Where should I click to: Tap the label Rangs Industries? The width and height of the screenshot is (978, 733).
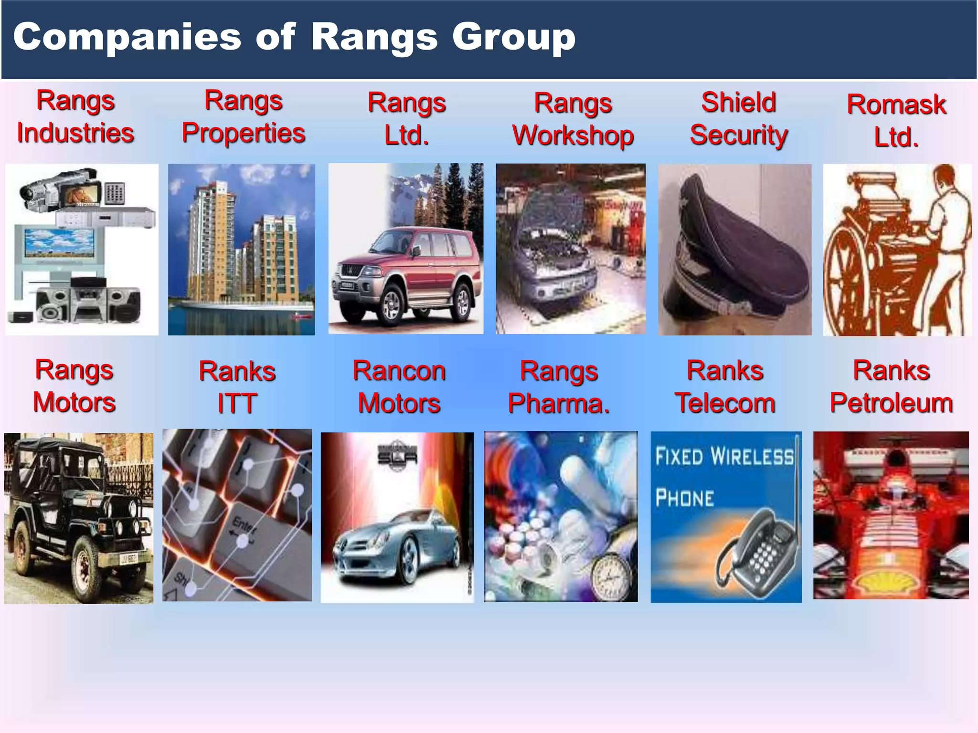(75, 117)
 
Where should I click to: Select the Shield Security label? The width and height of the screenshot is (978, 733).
(738, 118)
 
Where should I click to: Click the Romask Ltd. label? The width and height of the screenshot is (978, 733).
(896, 121)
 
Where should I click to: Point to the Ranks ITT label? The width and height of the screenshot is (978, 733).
(237, 387)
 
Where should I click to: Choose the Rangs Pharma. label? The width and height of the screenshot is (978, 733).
(559, 387)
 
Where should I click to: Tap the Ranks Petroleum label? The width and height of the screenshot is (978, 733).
(891, 387)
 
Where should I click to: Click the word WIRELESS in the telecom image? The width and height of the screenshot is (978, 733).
(752, 457)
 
